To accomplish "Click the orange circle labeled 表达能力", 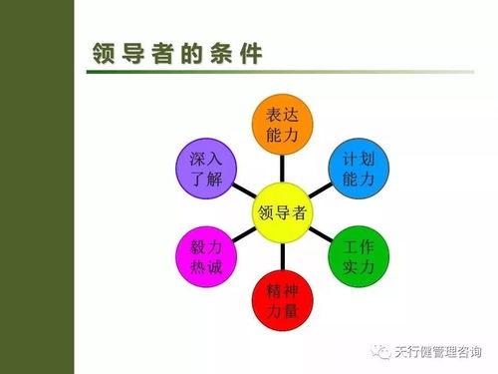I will coord(283,126).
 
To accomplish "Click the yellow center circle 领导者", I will coord(283,212).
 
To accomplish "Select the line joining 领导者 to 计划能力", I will coord(321,190).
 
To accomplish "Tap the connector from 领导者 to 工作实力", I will coord(321,234).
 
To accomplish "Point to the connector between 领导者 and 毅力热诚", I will coord(245,234).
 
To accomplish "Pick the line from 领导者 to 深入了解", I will coord(245,190).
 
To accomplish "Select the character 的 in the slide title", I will coord(191,54).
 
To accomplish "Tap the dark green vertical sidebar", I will coord(37,187).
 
